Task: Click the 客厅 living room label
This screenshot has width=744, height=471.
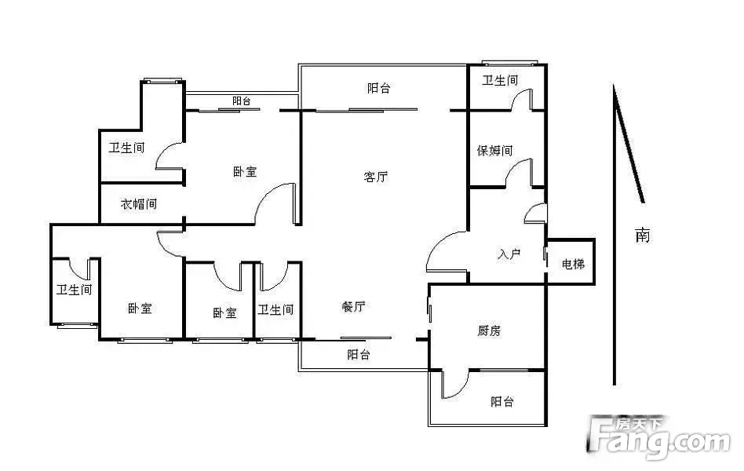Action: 376,177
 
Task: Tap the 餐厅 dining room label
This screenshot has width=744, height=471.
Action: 353,307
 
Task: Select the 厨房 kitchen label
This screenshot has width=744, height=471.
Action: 489,330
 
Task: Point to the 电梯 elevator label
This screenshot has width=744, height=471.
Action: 573,264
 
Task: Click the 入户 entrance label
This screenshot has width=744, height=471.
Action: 509,254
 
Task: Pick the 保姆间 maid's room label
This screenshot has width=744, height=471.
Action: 495,151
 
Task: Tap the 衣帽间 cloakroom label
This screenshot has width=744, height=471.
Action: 139,204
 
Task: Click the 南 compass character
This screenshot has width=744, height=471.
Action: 643,235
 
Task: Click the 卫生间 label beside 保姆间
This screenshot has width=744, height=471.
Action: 500,81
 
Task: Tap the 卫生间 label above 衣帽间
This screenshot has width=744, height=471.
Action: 126,148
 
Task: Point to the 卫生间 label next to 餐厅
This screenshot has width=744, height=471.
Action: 275,310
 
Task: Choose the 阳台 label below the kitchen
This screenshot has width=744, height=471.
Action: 502,402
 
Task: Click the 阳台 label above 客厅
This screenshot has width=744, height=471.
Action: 378,88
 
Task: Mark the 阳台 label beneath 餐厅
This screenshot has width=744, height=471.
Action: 358,354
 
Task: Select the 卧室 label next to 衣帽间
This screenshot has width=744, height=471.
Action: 245,171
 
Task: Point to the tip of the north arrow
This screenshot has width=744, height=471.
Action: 614,86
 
